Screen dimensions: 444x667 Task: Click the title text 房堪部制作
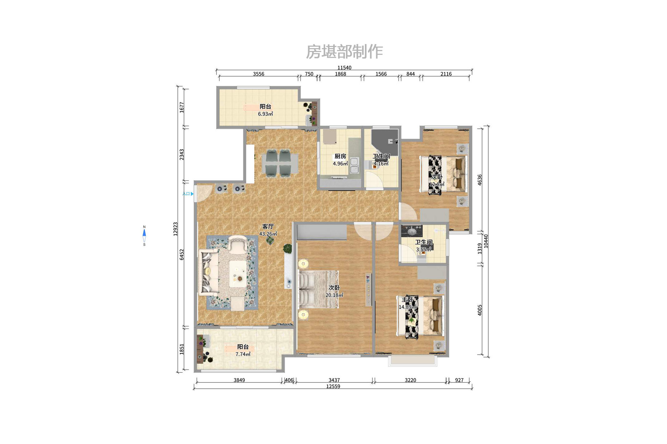pyautogui.click(x=344, y=52)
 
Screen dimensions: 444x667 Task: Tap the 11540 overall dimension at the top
pyautogui.click(x=344, y=67)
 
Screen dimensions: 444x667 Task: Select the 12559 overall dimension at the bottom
pyautogui.click(x=333, y=387)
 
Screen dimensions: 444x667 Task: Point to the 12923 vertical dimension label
pyautogui.click(x=176, y=229)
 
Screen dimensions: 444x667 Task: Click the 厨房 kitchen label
pyautogui.click(x=340, y=156)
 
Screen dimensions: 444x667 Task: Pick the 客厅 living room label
pyautogui.click(x=268, y=227)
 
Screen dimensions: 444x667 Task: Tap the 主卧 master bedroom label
pyautogui.click(x=407, y=300)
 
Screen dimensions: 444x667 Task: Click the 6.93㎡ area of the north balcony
pyautogui.click(x=265, y=114)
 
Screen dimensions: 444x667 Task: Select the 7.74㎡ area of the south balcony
pyautogui.click(x=243, y=354)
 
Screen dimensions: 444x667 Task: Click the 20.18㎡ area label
pyautogui.click(x=334, y=295)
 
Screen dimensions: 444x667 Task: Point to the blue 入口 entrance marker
pyautogui.click(x=188, y=194)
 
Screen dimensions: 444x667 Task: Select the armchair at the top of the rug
pyautogui.click(x=238, y=243)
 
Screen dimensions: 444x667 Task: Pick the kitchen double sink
pyautogui.click(x=354, y=166)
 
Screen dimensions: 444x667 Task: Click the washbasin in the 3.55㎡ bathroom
pyautogui.click(x=412, y=231)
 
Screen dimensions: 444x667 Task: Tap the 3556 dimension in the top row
pyautogui.click(x=258, y=74)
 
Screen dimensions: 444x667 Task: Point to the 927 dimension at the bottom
pyautogui.click(x=459, y=380)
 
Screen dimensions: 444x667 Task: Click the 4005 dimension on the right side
pyautogui.click(x=480, y=310)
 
